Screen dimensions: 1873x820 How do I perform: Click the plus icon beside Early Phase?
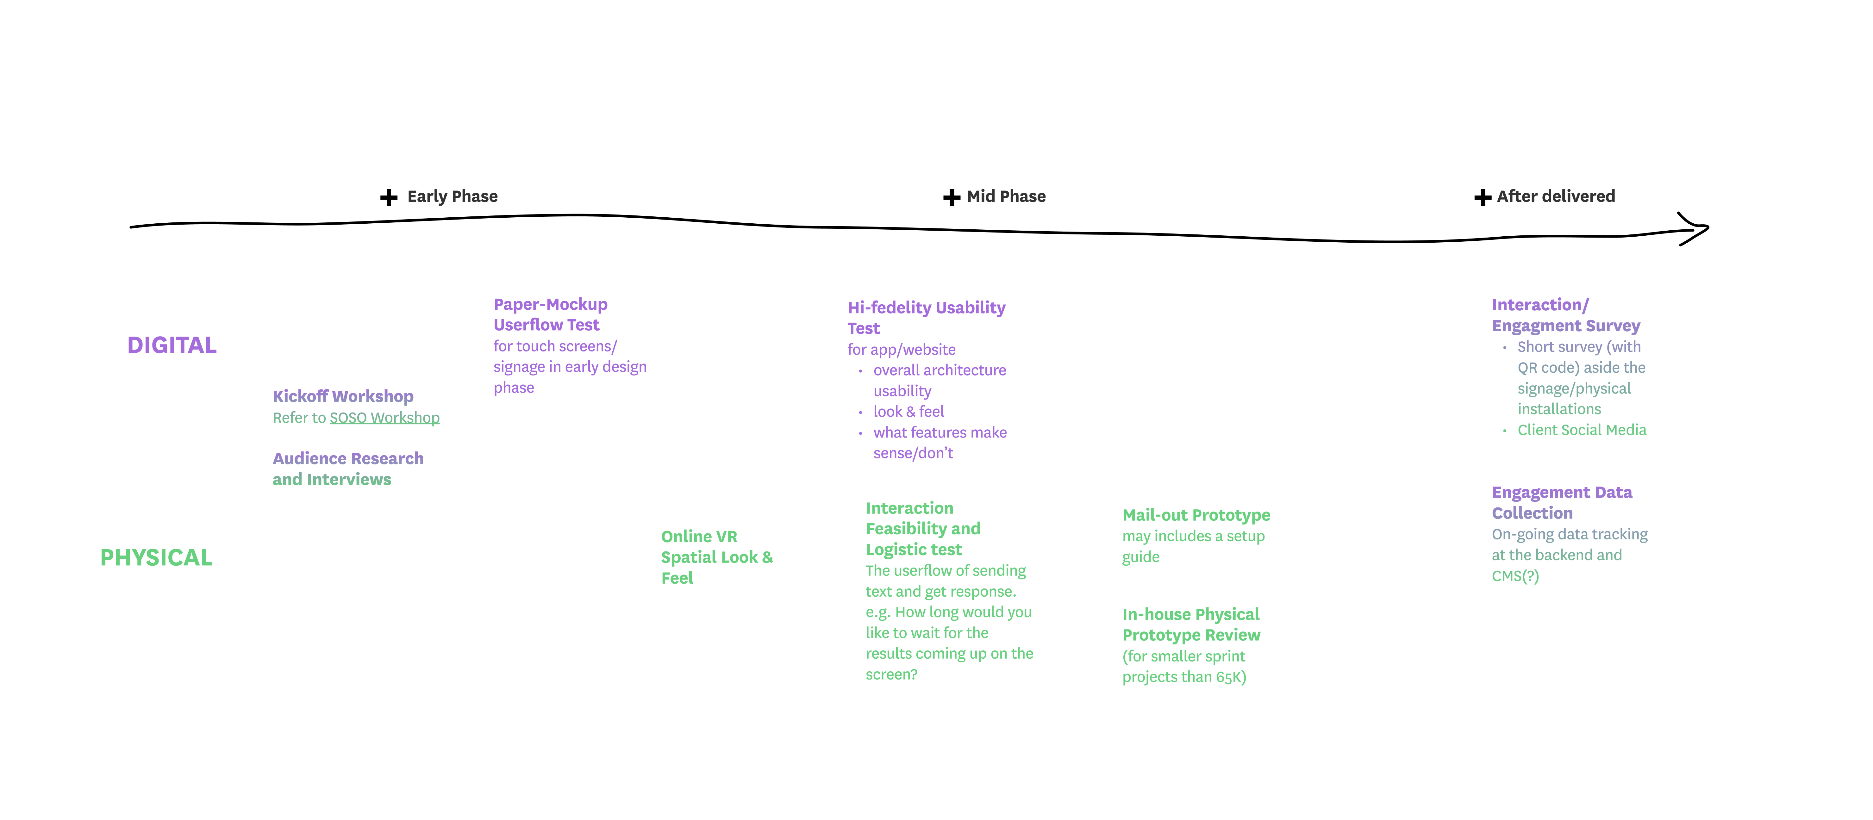pyautogui.click(x=389, y=198)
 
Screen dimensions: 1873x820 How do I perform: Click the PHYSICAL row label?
pyautogui.click(x=156, y=557)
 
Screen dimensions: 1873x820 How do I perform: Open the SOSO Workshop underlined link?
pyautogui.click(x=385, y=418)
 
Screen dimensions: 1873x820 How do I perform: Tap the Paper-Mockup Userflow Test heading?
pyautogui.click(x=550, y=315)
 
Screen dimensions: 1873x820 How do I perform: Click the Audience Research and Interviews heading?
pyautogui.click(x=347, y=469)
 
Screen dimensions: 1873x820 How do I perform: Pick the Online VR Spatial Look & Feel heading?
pyautogui.click(x=716, y=557)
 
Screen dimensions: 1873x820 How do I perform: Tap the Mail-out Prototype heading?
pyautogui.click(x=1196, y=515)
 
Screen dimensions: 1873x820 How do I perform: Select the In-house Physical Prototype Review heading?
pyautogui.click(x=1191, y=624)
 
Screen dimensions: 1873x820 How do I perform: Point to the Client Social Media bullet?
pyautogui.click(x=1582, y=430)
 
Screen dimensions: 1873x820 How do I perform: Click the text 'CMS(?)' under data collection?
pyautogui.click(x=1514, y=576)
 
